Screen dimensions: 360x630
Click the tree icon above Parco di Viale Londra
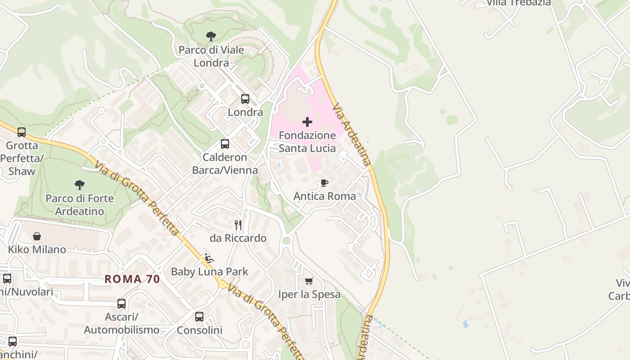[211, 36]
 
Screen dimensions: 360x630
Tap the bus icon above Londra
[245, 99]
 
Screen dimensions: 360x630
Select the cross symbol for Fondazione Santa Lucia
[307, 122]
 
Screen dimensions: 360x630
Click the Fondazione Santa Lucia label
[307, 142]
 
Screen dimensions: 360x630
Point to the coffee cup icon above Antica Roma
[324, 183]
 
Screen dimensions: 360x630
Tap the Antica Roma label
[324, 196]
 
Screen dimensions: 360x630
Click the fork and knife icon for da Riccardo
[238, 225]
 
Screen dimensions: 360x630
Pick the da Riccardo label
[238, 238]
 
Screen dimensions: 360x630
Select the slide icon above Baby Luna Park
[209, 258]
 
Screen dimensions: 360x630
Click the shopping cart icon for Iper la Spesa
[309, 281]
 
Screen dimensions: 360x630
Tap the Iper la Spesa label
[309, 295]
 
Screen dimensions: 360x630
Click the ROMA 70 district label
[132, 279]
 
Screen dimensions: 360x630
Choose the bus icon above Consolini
[199, 317]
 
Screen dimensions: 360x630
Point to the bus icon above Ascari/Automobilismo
[121, 304]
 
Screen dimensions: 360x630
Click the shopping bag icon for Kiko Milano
[37, 236]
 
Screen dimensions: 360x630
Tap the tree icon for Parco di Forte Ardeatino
[80, 184]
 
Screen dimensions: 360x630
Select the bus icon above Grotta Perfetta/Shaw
[22, 132]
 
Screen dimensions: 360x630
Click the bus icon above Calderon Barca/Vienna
[225, 144]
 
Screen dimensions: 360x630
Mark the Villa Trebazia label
[518, 3]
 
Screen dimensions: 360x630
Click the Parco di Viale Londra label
[211, 56]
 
